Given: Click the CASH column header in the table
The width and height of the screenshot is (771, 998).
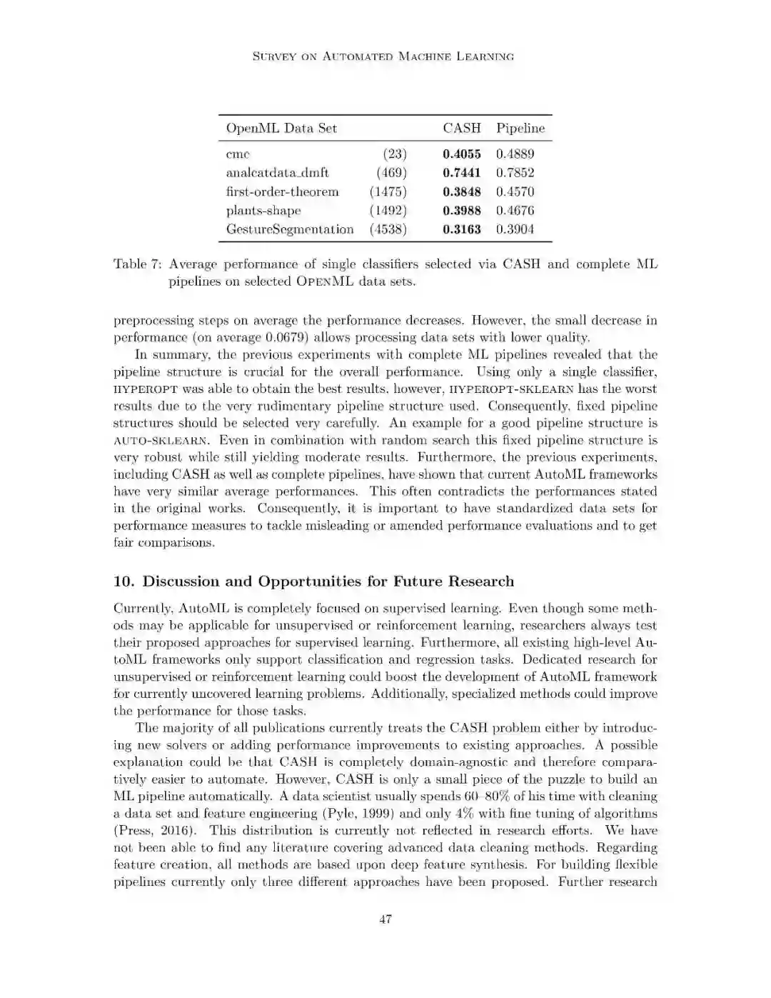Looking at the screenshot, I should click(461, 129).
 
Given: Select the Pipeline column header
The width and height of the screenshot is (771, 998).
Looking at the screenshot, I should click(520, 129).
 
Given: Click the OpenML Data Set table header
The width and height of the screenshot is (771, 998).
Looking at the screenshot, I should click(281, 129).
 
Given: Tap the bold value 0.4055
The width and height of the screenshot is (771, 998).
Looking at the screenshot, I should click(461, 154).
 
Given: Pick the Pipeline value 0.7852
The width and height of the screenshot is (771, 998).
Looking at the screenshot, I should click(515, 173).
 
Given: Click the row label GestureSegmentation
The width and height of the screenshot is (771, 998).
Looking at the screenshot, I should click(290, 229).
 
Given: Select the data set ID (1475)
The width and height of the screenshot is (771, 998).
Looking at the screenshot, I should click(388, 192).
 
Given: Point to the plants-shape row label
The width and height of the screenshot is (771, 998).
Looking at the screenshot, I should click(263, 211).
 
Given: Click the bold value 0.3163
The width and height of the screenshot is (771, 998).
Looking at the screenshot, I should click(461, 229).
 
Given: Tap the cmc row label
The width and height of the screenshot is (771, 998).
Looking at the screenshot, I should click(238, 154).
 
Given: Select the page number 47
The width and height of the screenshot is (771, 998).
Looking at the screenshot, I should click(385, 919).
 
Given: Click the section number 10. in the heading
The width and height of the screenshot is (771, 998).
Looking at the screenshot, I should click(124, 582).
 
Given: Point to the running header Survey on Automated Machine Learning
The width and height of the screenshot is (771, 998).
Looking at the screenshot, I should click(383, 56).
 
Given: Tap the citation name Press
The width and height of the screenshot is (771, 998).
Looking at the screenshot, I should click(135, 831).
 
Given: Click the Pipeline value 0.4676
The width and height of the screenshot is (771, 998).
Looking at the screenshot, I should click(515, 211).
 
